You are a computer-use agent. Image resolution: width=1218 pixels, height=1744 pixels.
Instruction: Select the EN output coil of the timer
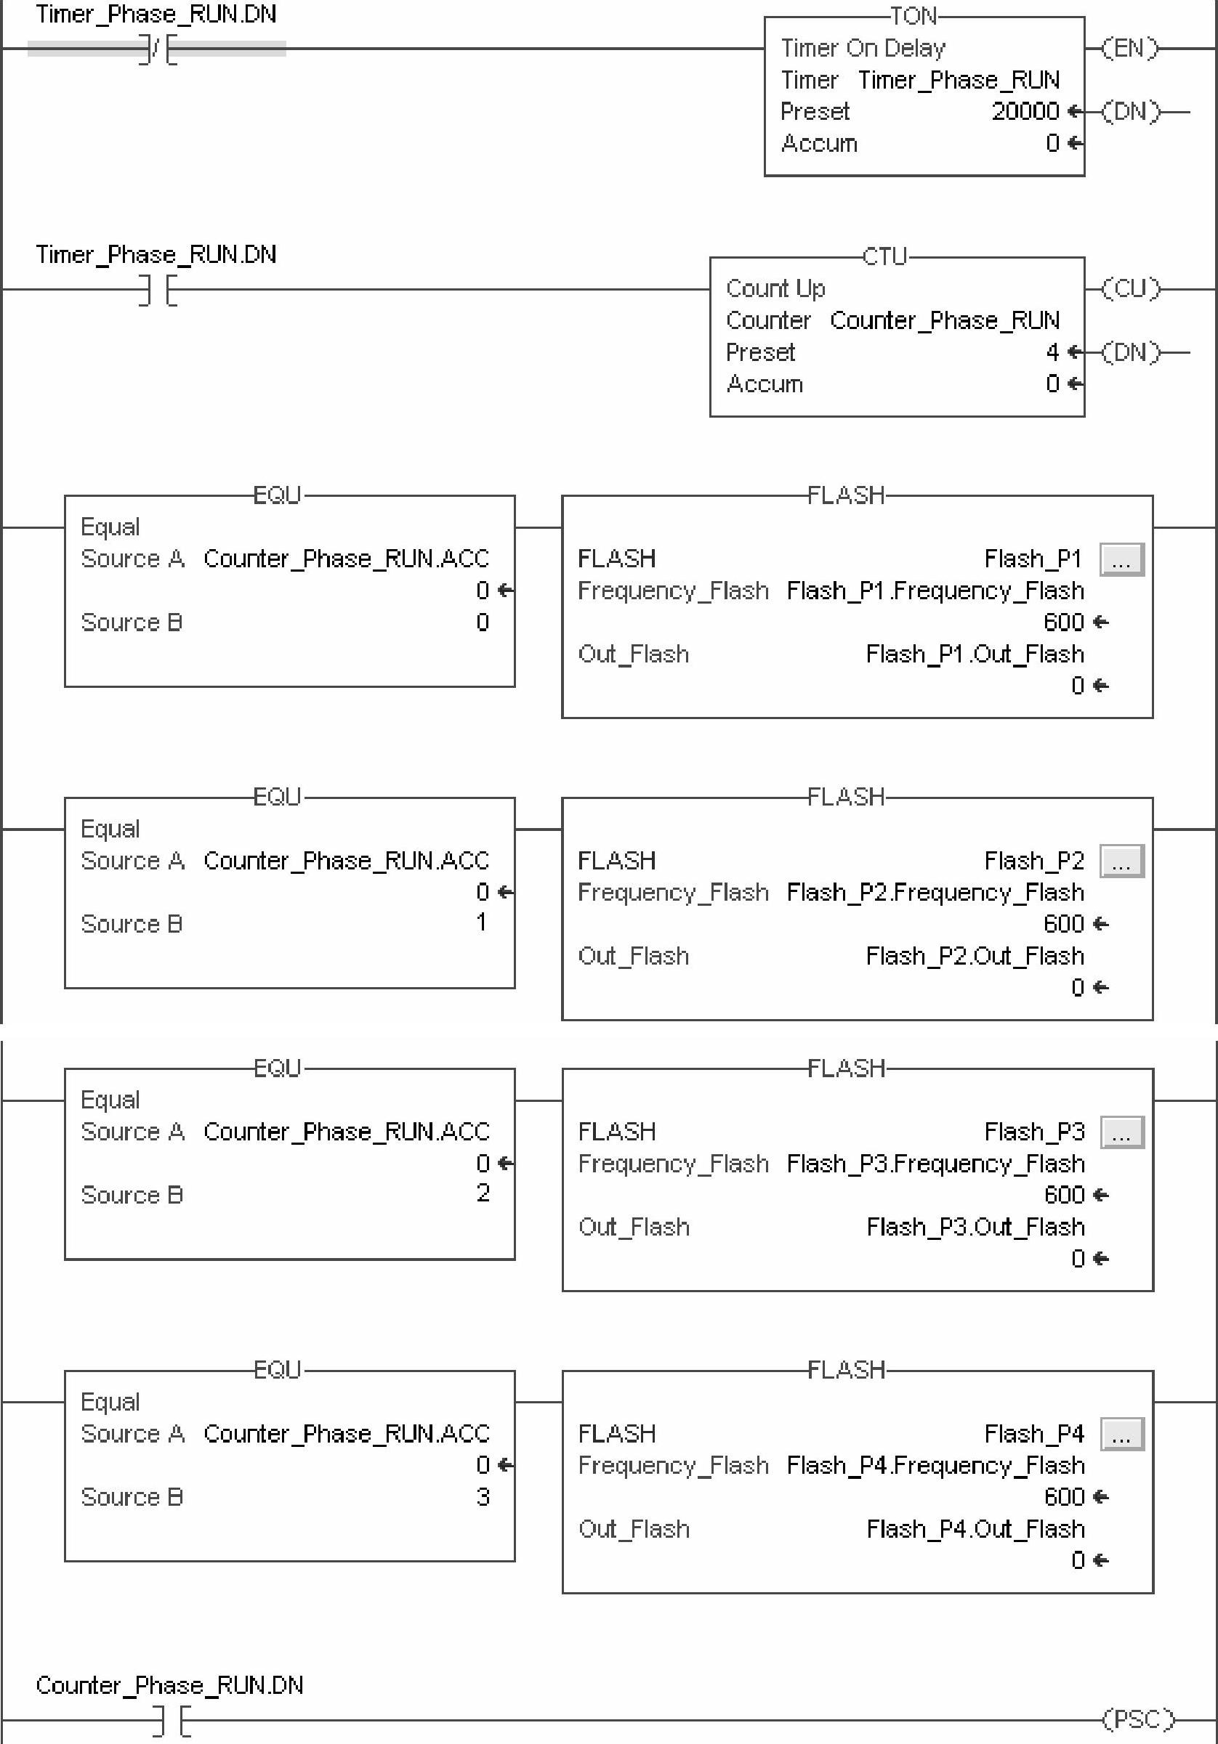[x=1130, y=49]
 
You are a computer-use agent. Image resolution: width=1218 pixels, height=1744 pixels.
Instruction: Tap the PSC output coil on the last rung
[x=1137, y=1718]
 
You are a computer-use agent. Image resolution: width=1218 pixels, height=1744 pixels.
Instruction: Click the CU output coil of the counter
[x=1131, y=288]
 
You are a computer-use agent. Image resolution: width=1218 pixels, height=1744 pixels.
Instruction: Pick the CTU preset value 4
[x=1052, y=352]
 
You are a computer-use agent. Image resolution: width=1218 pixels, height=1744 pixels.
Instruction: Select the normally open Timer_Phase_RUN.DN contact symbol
[x=157, y=290]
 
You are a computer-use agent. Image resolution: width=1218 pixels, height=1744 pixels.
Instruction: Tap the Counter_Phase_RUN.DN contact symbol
[x=172, y=1720]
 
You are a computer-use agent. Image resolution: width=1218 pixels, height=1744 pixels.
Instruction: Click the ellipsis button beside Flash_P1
[x=1121, y=560]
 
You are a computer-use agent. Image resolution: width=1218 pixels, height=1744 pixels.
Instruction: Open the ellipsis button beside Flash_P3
[x=1121, y=1132]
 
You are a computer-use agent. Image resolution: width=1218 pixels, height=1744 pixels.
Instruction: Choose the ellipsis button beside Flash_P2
[x=1121, y=861]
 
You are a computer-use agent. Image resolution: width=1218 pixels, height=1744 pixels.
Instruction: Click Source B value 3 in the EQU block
[x=483, y=1497]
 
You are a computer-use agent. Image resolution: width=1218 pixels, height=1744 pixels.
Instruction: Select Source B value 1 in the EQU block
[x=481, y=923]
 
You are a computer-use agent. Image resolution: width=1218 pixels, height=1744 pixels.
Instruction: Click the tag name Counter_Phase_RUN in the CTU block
[x=944, y=320]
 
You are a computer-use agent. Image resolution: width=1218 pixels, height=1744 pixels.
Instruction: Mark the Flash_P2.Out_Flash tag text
[x=974, y=956]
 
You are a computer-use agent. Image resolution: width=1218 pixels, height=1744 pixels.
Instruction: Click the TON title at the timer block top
[x=913, y=16]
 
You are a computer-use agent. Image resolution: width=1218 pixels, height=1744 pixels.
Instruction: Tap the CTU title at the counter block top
[x=884, y=256]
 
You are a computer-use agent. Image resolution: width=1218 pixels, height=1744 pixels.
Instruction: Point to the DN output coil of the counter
[x=1131, y=352]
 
